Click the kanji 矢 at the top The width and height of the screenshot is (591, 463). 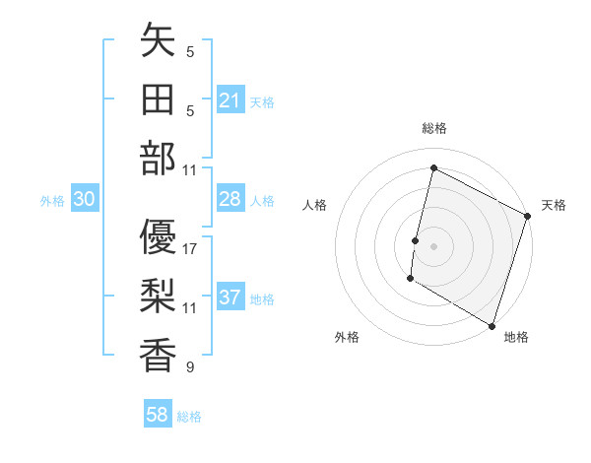[x=158, y=41]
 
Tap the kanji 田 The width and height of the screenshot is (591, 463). [x=158, y=99]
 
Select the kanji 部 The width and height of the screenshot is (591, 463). [x=158, y=158]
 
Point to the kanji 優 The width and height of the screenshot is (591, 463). [x=158, y=237]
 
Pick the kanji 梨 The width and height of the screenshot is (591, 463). [x=158, y=297]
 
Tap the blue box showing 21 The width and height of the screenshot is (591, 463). [x=230, y=100]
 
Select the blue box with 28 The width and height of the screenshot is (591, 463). [x=230, y=199]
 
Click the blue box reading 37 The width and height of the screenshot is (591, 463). [x=230, y=298]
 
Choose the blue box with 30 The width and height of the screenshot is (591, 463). [x=84, y=199]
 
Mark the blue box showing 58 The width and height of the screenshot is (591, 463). [x=158, y=415]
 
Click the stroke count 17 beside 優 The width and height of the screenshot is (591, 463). [x=190, y=249]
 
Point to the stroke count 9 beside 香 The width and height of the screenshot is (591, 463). [x=190, y=367]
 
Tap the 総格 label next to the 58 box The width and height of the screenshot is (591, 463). [x=189, y=417]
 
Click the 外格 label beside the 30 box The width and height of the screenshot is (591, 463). [x=52, y=201]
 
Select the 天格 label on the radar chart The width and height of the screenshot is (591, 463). [x=554, y=205]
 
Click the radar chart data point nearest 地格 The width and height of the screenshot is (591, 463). [x=492, y=325]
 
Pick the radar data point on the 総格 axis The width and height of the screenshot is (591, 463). [x=433, y=167]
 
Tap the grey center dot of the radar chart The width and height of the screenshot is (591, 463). [x=433, y=245]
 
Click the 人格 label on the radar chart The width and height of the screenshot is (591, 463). [x=314, y=205]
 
